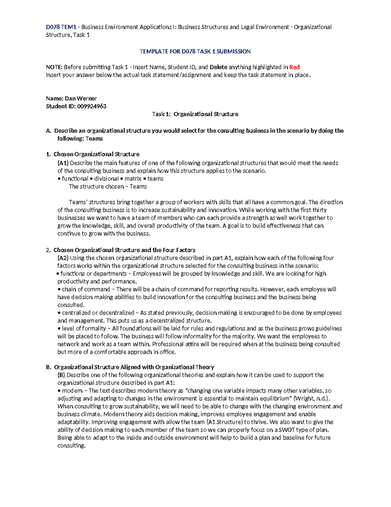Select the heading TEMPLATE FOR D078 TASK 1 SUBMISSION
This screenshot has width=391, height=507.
pos(195,51)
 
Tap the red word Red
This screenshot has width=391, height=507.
pos(294,67)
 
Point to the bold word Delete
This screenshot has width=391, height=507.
pos(218,67)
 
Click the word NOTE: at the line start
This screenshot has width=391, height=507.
pos(54,67)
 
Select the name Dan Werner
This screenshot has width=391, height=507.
pos(81,99)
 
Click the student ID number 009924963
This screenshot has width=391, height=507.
pos(92,106)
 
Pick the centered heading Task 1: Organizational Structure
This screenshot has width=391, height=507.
pos(195,114)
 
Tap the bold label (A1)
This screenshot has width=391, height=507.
pos(63,163)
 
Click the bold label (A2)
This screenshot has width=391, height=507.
pos(63,258)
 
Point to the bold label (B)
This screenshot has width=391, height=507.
pos(61,375)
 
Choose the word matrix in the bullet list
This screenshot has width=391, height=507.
pos(133,179)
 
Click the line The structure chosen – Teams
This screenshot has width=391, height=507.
pos(108,186)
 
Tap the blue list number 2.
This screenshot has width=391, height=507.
pos(48,250)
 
